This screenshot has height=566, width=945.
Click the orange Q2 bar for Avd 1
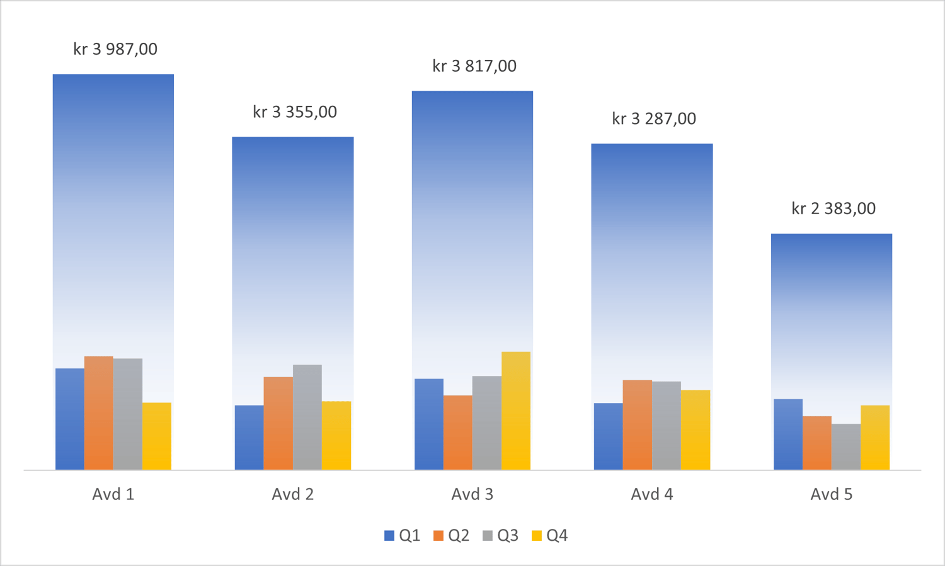coord(99,413)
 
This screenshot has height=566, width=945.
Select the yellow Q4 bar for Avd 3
coord(516,410)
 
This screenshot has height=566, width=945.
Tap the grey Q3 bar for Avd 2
coord(307,417)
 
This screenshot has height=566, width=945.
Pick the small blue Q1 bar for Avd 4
coord(609,436)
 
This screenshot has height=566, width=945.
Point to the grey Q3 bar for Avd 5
coord(846,446)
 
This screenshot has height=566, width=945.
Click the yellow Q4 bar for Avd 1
coord(157,436)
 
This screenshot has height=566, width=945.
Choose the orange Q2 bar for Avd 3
coord(458,433)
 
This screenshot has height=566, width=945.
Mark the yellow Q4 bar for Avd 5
coord(875,437)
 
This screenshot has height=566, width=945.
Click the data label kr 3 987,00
coord(115,49)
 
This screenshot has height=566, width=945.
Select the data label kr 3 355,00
coord(295,112)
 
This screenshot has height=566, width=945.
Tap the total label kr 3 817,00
coord(474,66)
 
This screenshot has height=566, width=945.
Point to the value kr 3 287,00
coord(654,119)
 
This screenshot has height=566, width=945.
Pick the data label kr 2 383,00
coord(833,208)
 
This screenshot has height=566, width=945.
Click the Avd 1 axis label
coord(113,494)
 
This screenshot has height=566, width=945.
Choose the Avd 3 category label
coord(472,494)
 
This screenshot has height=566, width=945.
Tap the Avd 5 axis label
coord(832,494)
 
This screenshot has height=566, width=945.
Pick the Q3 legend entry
coord(500,536)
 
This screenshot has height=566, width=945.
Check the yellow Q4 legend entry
coord(549,536)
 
